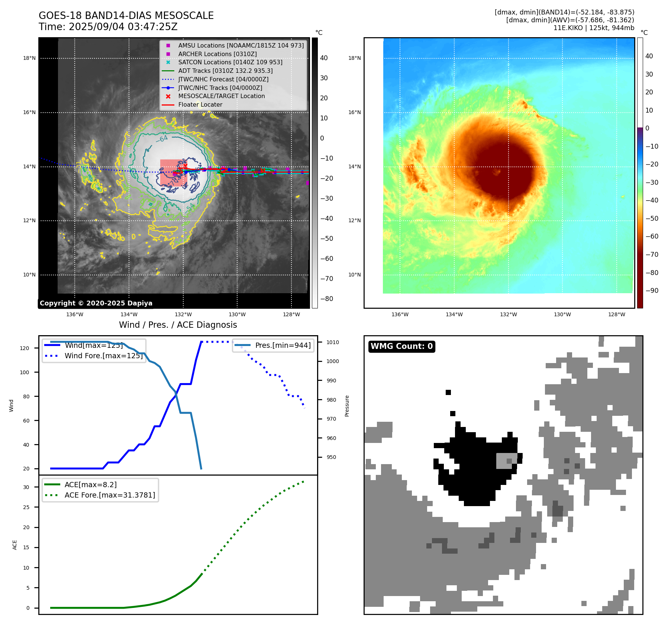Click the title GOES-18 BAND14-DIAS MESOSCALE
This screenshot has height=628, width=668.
click(x=126, y=16)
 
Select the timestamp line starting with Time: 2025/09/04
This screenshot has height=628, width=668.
click(x=108, y=27)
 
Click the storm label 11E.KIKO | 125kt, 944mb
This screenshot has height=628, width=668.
click(x=594, y=28)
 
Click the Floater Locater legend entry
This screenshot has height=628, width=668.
click(x=200, y=105)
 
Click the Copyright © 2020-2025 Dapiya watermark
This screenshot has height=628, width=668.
click(x=96, y=303)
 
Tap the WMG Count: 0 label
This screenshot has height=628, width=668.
click(x=401, y=346)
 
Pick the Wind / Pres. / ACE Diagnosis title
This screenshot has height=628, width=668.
click(x=178, y=325)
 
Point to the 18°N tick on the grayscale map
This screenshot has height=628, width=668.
click(x=29, y=58)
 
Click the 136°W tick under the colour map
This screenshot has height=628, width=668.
click(x=400, y=314)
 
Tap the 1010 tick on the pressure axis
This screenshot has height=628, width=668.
click(x=333, y=342)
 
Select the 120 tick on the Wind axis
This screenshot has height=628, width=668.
click(x=25, y=348)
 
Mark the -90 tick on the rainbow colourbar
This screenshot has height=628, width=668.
click(x=652, y=291)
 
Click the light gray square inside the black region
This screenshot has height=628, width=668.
click(x=506, y=461)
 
